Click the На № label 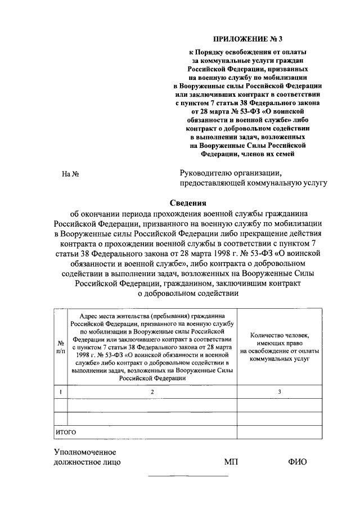click(x=70, y=174)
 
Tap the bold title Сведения click(x=189, y=203)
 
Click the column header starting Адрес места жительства click(x=152, y=346)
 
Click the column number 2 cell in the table click(x=152, y=391)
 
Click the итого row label click(x=65, y=432)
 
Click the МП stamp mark click(x=231, y=462)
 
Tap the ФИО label click(x=297, y=462)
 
